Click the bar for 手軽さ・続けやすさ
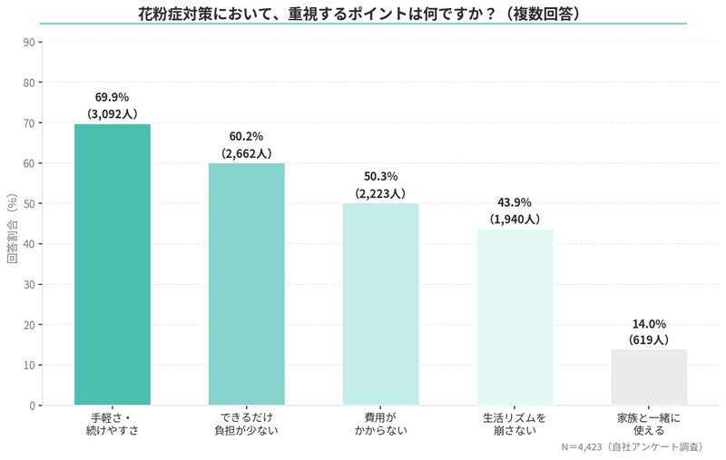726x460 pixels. point(112,264)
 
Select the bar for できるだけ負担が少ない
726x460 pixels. point(246,284)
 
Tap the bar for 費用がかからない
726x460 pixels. point(380,304)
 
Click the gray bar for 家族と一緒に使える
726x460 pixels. point(649,377)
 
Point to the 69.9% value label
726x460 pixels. point(112,97)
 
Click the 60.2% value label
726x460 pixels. point(246,136)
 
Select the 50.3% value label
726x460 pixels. point(380,176)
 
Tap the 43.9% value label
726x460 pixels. point(515,202)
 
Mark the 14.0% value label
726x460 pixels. point(649,323)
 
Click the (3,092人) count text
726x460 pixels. point(112,114)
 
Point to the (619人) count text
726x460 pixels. point(649,340)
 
